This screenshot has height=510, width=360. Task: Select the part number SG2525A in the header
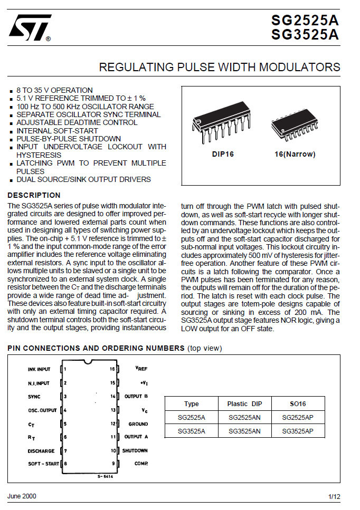[x=305, y=21]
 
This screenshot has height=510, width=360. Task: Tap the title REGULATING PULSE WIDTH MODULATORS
[x=220, y=68]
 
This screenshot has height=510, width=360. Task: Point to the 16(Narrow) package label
[x=295, y=155]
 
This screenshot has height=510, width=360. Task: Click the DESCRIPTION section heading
[x=34, y=195]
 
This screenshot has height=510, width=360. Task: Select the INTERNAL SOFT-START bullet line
[x=57, y=131]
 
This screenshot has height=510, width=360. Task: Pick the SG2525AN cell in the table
[x=244, y=417]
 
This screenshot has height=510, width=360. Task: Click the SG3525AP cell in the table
[x=298, y=431]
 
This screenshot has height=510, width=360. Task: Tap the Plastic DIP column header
[x=244, y=403]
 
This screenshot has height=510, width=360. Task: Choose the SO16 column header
[x=298, y=403]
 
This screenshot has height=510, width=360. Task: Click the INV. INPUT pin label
[x=39, y=369]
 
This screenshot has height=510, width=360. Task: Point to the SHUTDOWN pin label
[x=135, y=451]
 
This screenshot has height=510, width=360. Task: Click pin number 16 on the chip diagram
[x=112, y=369]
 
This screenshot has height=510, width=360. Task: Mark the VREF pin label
[x=140, y=369]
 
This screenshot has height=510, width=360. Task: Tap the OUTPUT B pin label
[x=136, y=396]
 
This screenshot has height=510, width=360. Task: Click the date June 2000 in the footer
[x=22, y=496]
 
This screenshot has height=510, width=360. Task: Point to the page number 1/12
[x=334, y=497]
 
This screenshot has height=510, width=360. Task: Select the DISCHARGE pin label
[x=41, y=451]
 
